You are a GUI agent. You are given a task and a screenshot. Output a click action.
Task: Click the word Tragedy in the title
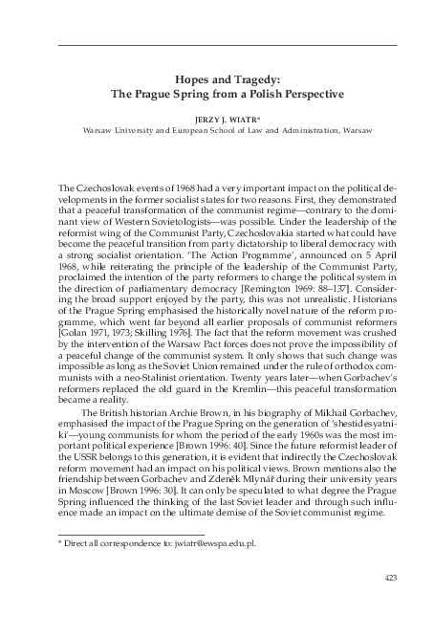pyautogui.click(x=257, y=81)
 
